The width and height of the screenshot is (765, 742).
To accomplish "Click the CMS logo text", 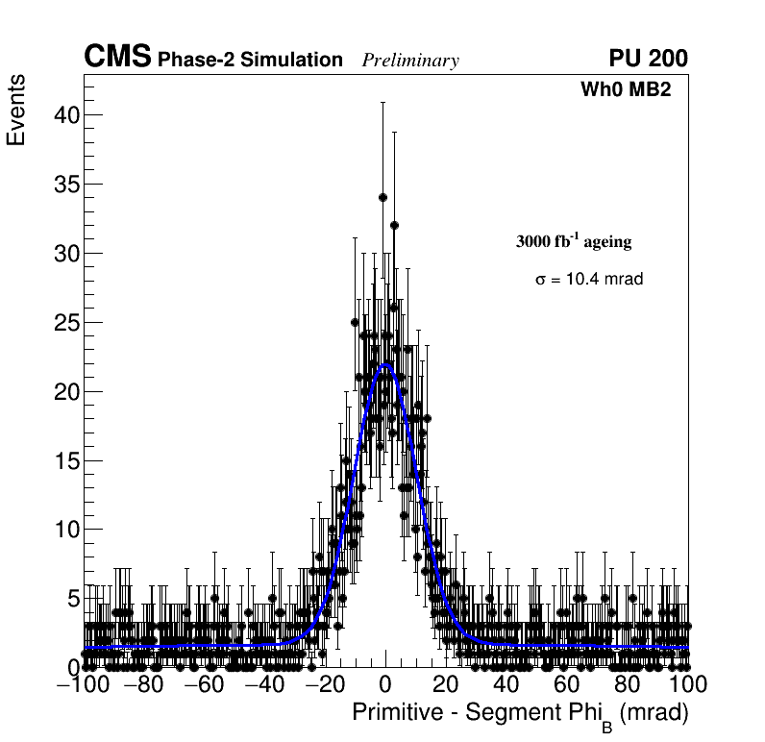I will [x=117, y=58].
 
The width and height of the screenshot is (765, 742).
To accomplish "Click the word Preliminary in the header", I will [x=410, y=61].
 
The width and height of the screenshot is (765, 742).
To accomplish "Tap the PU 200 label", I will [x=648, y=59].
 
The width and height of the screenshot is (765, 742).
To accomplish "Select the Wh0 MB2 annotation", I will [x=625, y=89].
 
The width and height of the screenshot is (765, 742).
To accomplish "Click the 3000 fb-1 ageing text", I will [x=574, y=241].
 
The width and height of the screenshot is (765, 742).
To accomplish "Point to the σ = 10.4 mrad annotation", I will [x=588, y=279].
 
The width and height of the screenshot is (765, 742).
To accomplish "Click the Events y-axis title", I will [x=16, y=111].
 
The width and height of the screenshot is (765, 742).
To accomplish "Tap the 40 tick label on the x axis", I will [x=506, y=684].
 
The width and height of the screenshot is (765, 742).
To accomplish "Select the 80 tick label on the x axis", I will [x=628, y=684].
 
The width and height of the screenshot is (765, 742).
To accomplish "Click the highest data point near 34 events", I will [x=382, y=197].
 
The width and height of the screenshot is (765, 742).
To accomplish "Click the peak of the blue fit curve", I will [x=385, y=364].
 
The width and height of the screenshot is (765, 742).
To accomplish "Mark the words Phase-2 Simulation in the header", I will [x=250, y=60].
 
